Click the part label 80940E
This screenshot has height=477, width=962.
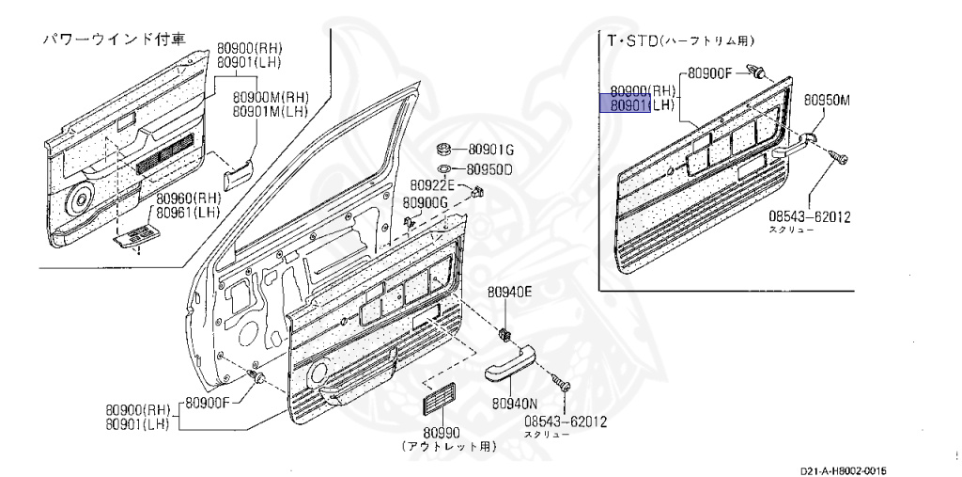pyautogui.click(x=509, y=294)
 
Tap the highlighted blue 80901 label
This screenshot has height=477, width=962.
pyautogui.click(x=624, y=105)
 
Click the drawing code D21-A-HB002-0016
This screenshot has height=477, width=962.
pyautogui.click(x=844, y=470)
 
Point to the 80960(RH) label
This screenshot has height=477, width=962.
pyautogui.click(x=188, y=199)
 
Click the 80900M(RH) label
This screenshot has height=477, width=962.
pyautogui.click(x=271, y=97)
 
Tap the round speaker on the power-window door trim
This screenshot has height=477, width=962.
pyautogui.click(x=80, y=199)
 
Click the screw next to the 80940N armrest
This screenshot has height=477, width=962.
pyautogui.click(x=564, y=386)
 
